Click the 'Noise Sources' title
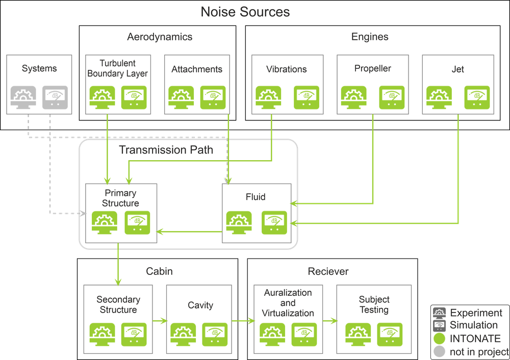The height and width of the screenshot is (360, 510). pyautogui.click(x=245, y=12)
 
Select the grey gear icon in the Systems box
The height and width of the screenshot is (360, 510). pyautogui.click(x=23, y=97)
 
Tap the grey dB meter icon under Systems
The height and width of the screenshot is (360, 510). pyautogui.click(x=55, y=97)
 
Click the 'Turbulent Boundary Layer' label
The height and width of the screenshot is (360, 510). pyautogui.click(x=118, y=68)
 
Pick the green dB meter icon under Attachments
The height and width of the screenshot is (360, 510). pyautogui.click(x=213, y=97)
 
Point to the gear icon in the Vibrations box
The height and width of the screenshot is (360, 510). pyautogui.click(x=268, y=97)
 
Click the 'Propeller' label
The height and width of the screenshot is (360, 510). pyautogui.click(x=373, y=69)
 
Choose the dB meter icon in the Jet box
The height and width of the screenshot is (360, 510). pyautogui.click(x=477, y=97)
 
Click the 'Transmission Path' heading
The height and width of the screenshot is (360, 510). pyautogui.click(x=166, y=149)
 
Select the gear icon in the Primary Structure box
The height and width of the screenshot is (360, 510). pyautogui.click(x=105, y=222)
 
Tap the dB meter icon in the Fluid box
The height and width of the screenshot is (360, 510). pyautogui.click(x=274, y=222)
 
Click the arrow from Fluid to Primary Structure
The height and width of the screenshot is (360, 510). pyautogui.click(x=189, y=232)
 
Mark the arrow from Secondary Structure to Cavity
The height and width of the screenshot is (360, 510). pyautogui.click(x=159, y=321)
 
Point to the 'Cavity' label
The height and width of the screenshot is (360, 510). pyautogui.click(x=200, y=305)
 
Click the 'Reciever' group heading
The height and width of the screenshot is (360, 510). pyautogui.click(x=328, y=271)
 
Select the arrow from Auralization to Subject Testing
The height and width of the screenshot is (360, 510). pyautogui.click(x=330, y=321)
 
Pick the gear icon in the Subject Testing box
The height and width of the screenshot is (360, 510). pyautogui.click(x=358, y=335)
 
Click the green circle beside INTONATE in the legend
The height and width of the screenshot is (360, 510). pyautogui.click(x=440, y=339)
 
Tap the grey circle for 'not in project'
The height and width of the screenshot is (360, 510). pyautogui.click(x=440, y=351)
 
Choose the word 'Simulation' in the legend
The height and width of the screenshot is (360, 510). pyautogui.click(x=474, y=325)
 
